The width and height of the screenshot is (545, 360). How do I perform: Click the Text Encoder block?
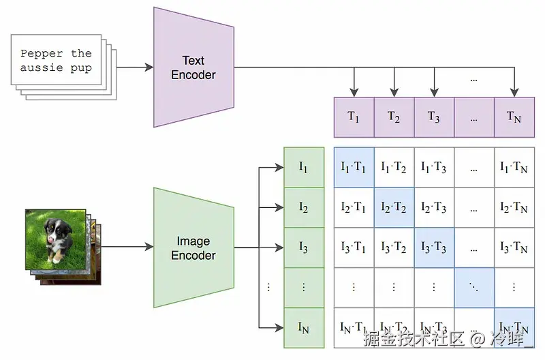pos(193,67)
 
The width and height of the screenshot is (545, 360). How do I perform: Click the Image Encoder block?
pos(193,248)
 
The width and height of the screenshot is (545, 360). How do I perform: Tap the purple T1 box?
pos(354,117)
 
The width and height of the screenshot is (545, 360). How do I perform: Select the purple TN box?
pos(514,117)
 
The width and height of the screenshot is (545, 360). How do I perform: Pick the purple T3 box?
pos(434,117)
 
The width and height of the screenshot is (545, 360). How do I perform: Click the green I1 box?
pos(303,166)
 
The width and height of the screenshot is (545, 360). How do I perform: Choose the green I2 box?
pos(303,207)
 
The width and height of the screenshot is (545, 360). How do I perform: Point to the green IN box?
pos(303,327)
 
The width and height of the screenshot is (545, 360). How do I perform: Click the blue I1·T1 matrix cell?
pos(354,167)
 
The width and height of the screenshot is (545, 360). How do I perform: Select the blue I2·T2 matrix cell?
pos(394,207)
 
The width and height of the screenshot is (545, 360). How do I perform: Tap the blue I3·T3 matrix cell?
pos(434,247)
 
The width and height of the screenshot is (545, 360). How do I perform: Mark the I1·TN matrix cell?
pos(514,167)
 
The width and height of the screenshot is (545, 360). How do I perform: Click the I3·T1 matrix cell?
pos(354,247)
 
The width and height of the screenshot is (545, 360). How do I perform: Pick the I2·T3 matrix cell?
pos(434,207)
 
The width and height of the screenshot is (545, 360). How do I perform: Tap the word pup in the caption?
pos(80,67)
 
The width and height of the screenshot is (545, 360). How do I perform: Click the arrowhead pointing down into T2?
pos(394,92)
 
